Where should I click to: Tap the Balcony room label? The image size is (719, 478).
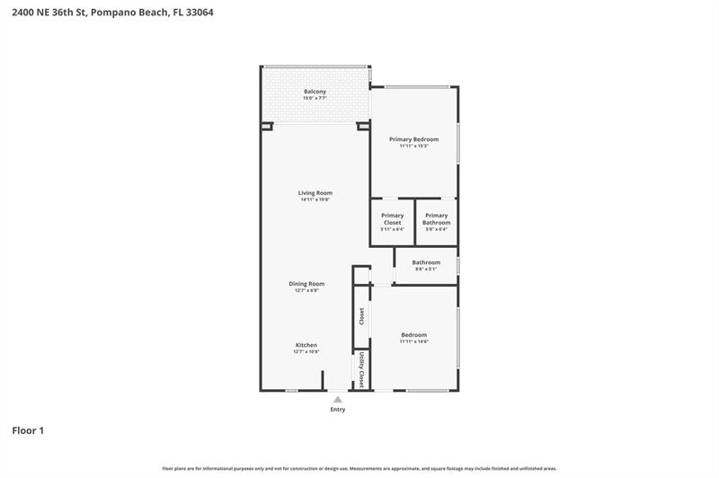[315, 92]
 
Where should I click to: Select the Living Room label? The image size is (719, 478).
[315, 193]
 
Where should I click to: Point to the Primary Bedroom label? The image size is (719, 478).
[413, 139]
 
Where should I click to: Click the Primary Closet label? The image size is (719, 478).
[392, 219]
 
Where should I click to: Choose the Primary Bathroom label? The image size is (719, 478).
[436, 219]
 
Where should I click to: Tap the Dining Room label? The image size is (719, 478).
[304, 284]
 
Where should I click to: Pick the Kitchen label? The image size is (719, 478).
[306, 345]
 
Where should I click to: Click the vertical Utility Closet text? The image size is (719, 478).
[361, 369]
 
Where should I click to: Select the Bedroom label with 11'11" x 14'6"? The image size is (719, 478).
[413, 335]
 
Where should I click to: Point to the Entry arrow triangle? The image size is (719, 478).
[337, 399]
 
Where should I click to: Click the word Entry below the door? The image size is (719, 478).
[337, 410]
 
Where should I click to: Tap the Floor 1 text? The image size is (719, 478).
[28, 430]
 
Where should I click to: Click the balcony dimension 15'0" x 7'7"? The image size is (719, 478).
[315, 99]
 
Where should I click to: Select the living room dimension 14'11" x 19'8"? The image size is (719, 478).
[315, 199]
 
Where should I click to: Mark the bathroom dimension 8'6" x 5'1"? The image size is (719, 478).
[426, 270]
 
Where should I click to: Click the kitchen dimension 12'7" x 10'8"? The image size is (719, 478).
[306, 352]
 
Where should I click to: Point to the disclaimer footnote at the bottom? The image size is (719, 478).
[359, 468]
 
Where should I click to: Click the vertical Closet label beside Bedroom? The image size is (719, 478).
[361, 316]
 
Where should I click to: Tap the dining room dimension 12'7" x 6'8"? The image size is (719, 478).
[304, 290]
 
